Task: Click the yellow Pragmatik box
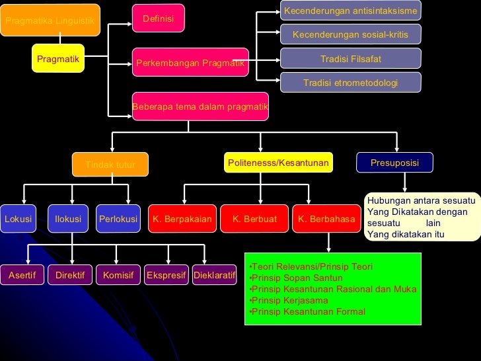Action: (58, 59)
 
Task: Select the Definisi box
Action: (159, 19)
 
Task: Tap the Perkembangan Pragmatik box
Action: (190, 63)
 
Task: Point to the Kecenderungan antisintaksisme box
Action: (350, 11)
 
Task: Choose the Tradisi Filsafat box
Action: (350, 59)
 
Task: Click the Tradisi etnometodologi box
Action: (350, 83)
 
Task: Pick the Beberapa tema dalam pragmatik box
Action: (200, 106)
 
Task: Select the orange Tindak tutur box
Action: (110, 165)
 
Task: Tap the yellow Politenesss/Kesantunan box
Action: (278, 163)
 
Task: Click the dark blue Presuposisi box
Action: (394, 163)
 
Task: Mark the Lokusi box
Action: (18, 219)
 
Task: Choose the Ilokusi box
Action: (68, 219)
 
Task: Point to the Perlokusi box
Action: (118, 219)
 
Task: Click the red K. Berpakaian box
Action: (182, 219)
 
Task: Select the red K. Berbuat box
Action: (254, 219)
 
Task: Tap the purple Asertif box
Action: (22, 274)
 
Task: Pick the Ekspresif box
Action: (166, 274)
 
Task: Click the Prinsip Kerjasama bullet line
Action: (289, 300)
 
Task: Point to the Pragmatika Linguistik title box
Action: (50, 20)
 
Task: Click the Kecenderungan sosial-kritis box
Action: (350, 34)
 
